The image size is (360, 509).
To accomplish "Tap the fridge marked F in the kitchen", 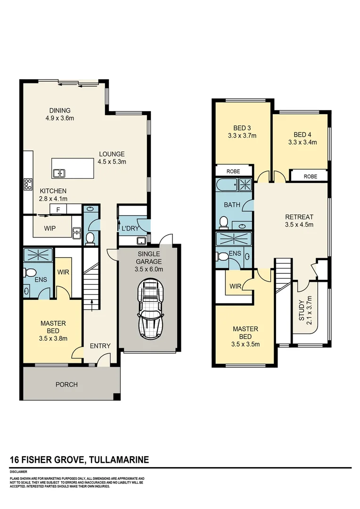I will [58, 210].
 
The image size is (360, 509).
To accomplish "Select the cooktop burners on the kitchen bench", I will [28, 184].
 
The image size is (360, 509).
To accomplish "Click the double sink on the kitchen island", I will [59, 173].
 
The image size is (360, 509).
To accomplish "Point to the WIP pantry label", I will [50, 228].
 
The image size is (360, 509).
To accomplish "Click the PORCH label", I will [66, 385].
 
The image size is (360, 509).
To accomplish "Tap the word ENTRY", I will [100, 346].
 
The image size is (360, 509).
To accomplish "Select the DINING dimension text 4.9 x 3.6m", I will [60, 118].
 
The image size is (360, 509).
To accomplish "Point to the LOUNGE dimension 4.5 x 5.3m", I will [112, 162].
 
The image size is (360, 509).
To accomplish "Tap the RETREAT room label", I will [299, 217].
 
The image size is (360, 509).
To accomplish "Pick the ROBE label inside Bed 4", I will [310, 177].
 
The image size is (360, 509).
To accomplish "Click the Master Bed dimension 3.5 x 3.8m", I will [53, 338].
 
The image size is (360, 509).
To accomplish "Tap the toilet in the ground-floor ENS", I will [29, 272].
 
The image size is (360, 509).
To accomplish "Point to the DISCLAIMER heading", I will [18, 471].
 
